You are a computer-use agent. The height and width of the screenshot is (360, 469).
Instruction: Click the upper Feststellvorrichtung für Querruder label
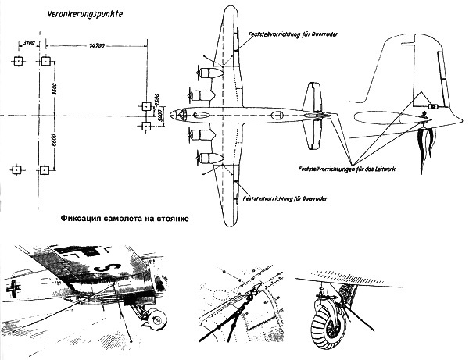pos(287,45)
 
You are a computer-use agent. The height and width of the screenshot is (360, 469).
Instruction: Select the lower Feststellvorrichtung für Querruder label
pos(287,198)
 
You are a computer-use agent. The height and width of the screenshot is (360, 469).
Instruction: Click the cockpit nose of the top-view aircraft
pos(177,114)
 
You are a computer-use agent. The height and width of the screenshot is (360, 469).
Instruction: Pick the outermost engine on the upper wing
pos(205,73)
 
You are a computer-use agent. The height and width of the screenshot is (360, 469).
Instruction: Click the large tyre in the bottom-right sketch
pos(329,317)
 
